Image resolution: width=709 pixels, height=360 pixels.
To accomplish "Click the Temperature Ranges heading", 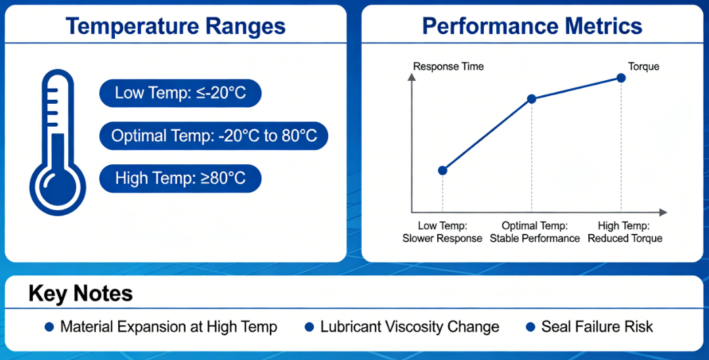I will (x=175, y=26).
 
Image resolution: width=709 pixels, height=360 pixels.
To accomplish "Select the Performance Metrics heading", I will (x=532, y=26).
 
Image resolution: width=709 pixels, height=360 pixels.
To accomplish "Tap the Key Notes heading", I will (x=80, y=294).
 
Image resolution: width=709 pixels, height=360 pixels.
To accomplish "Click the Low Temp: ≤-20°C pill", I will (x=180, y=93).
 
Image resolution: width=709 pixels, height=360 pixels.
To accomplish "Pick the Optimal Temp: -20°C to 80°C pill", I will (x=213, y=136).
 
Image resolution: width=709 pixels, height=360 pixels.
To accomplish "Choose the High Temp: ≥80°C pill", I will (x=180, y=178).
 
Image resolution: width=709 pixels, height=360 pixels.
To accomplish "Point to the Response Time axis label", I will (x=448, y=66).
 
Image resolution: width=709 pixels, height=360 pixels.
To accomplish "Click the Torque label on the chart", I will (x=643, y=66).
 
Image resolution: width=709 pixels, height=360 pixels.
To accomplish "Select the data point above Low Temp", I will (x=442, y=170).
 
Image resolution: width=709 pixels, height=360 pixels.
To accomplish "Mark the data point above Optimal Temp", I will (x=532, y=99).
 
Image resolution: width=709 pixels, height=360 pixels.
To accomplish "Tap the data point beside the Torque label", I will (x=621, y=78).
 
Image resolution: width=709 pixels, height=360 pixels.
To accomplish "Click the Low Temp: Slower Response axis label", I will (x=442, y=232).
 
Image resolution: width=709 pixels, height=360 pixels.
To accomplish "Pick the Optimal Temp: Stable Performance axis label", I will (x=534, y=232).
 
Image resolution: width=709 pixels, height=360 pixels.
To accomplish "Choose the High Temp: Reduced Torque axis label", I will (x=625, y=232).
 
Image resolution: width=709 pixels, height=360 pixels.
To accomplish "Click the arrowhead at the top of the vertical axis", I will (x=412, y=78).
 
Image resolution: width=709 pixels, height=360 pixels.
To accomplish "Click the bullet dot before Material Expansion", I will (x=49, y=326).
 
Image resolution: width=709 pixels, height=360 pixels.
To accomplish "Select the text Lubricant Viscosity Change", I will (x=410, y=326).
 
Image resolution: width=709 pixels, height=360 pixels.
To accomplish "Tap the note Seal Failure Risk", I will (x=597, y=326).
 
